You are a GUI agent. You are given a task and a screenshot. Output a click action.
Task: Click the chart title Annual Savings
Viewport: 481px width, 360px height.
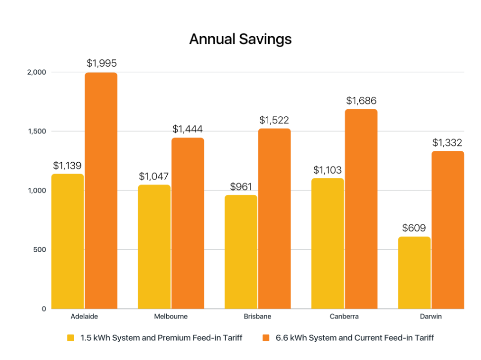[240, 39]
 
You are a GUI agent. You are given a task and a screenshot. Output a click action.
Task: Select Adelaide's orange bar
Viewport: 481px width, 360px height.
[101, 190]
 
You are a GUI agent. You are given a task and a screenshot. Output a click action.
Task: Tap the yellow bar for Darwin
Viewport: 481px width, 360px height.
[414, 272]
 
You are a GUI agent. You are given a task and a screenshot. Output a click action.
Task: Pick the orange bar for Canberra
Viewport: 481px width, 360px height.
[361, 209]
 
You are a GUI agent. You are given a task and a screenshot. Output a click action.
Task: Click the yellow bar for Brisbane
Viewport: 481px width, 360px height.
[241, 252]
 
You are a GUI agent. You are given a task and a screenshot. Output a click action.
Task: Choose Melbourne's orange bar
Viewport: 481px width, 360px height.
[188, 223]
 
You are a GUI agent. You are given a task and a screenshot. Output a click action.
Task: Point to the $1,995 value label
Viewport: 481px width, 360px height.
[101, 63]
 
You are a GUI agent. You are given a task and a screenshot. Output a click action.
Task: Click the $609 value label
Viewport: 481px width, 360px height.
[414, 228]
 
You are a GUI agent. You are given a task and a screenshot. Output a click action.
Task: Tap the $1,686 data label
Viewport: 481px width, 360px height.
[361, 101]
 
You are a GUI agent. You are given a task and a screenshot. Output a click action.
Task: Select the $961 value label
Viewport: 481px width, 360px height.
[241, 187]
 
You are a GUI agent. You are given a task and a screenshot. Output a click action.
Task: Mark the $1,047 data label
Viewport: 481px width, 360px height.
[154, 177]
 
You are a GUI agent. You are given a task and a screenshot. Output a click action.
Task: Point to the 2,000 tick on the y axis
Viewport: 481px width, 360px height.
[37, 72]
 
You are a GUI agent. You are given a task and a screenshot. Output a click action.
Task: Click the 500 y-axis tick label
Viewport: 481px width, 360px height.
[40, 250]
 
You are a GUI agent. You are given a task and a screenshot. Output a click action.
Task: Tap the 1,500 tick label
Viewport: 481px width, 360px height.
[37, 132]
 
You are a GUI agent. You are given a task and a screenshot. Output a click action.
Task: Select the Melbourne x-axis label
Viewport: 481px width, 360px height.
[171, 316]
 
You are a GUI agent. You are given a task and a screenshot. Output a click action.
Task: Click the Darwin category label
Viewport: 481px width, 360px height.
[431, 316]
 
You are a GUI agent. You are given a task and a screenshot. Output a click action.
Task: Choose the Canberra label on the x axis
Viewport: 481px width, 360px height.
[344, 316]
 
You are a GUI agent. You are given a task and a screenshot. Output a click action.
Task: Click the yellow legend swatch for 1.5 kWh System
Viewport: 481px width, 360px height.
[71, 338]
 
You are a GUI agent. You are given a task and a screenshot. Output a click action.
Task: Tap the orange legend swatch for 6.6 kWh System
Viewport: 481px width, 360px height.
[266, 338]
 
